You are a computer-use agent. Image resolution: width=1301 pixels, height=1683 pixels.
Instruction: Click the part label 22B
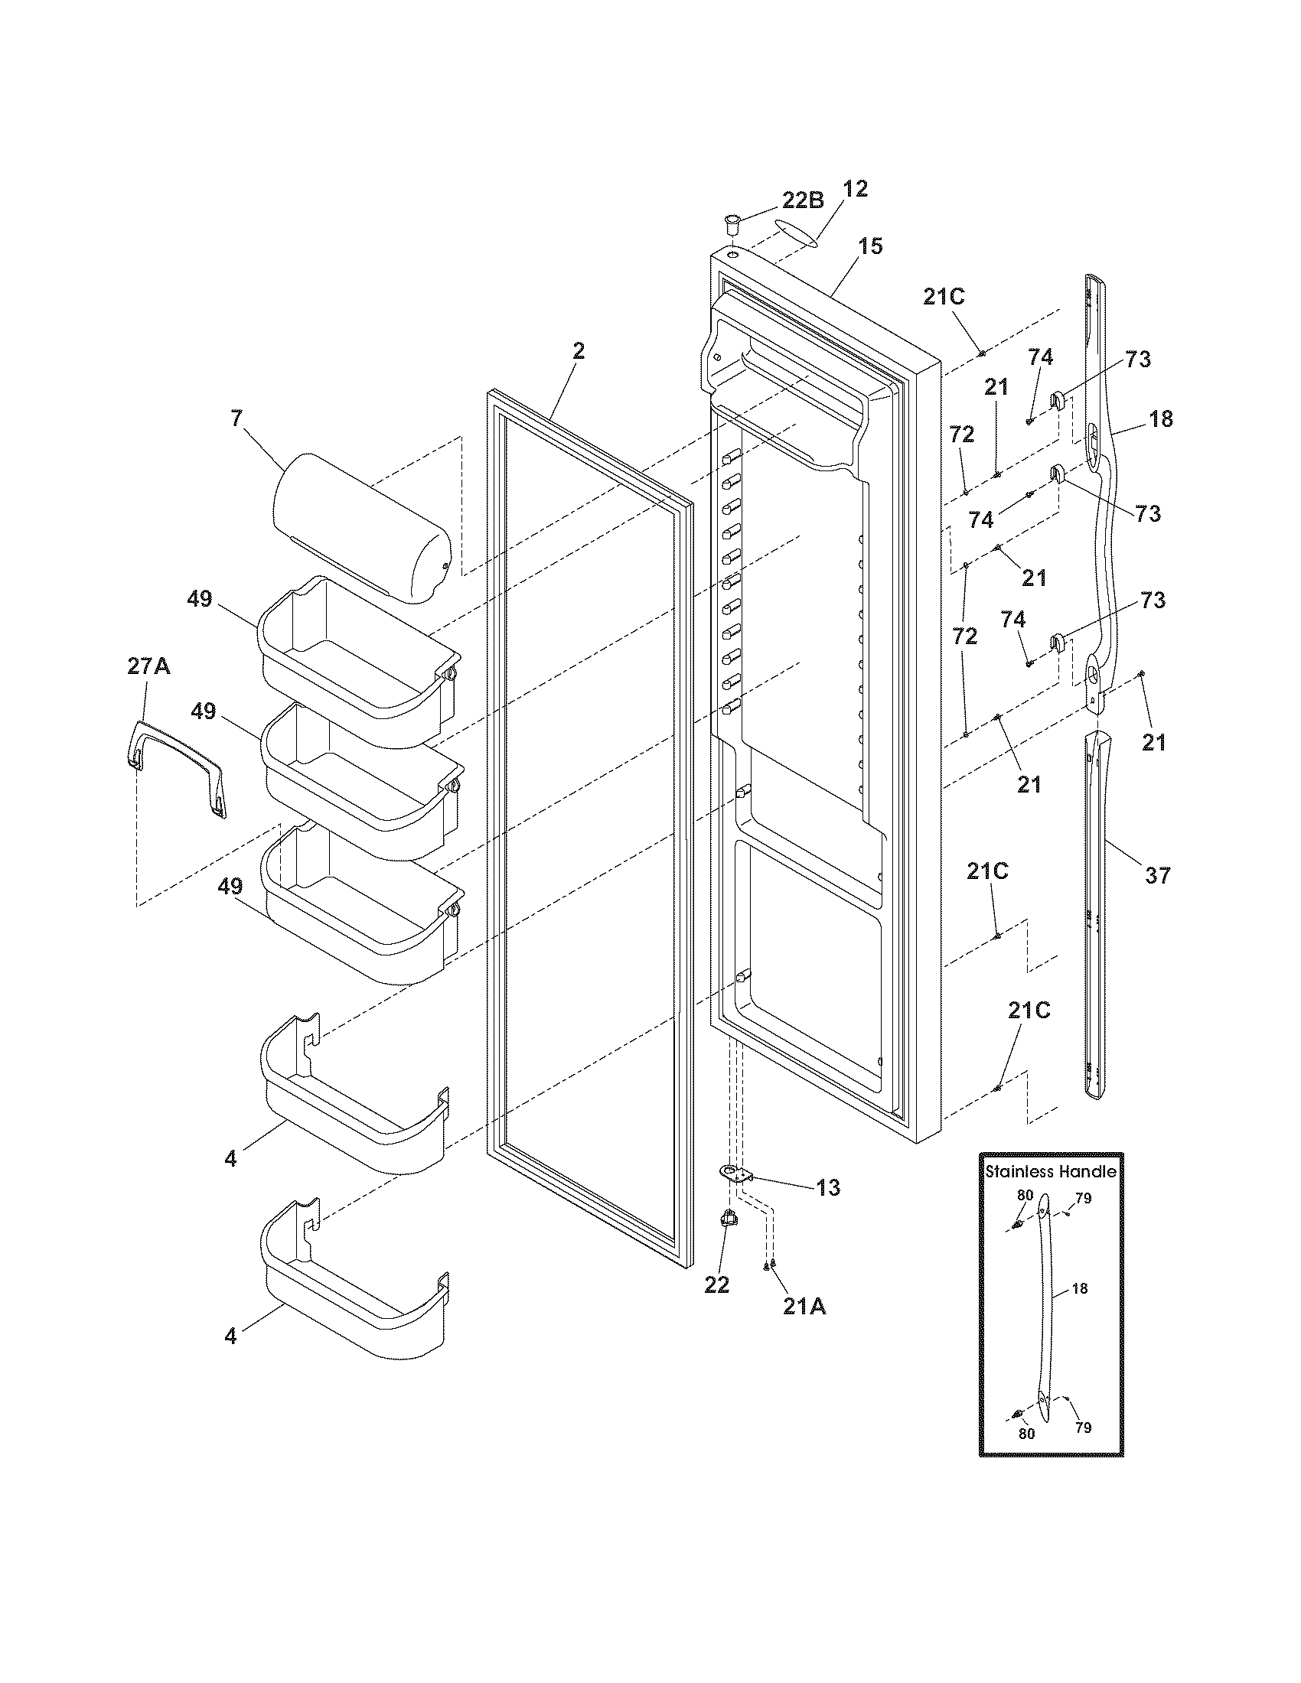(x=803, y=200)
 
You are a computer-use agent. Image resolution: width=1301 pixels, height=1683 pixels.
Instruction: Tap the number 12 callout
(x=854, y=189)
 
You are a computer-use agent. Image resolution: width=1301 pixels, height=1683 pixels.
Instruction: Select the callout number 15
(x=870, y=246)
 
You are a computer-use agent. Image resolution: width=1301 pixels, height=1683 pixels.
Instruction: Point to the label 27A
(x=148, y=666)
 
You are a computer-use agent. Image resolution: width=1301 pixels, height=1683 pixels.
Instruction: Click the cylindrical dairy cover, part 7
(x=360, y=528)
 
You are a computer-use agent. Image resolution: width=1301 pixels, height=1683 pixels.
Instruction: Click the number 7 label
(x=236, y=418)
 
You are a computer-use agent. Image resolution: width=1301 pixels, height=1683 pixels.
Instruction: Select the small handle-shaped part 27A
(x=177, y=767)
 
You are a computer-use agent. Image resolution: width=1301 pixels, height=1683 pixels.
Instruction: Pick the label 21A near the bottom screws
(x=804, y=1307)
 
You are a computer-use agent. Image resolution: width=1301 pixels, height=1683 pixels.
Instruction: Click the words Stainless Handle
(x=1051, y=1171)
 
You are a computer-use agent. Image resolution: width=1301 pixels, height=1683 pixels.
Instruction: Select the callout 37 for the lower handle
(x=1157, y=874)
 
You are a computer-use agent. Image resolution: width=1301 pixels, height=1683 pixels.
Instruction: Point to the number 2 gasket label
(x=578, y=351)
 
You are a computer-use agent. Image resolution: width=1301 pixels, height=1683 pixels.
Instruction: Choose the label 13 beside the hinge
(x=828, y=1187)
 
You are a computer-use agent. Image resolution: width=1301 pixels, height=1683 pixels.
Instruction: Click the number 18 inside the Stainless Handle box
(x=1079, y=1288)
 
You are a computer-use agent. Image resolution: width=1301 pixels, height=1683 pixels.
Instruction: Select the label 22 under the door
(x=716, y=1284)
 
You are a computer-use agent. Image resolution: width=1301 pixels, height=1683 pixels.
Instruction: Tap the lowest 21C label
(x=1029, y=1011)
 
